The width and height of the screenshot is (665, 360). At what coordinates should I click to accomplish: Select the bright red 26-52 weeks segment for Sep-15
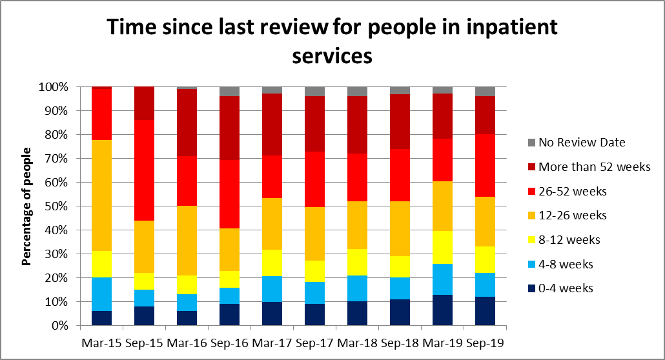click(144, 170)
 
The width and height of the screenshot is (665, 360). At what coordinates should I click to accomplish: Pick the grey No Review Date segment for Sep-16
click(229, 91)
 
